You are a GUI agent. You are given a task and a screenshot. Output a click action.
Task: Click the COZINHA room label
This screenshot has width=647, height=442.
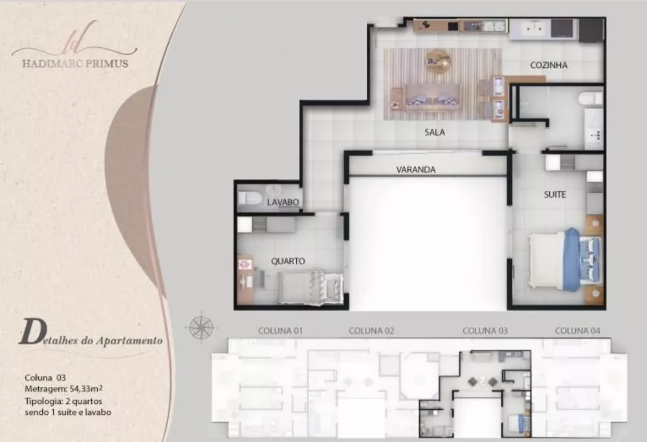(549, 65)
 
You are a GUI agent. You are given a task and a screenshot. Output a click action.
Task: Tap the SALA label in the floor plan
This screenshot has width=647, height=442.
(435, 132)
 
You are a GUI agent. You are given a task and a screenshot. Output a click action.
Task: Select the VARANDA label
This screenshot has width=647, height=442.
(416, 170)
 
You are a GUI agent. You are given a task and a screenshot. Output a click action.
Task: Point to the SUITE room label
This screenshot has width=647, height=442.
(554, 195)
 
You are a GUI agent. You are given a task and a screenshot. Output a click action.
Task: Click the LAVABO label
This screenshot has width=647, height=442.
(283, 202)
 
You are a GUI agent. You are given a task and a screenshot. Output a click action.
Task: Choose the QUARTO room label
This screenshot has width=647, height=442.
(288, 261)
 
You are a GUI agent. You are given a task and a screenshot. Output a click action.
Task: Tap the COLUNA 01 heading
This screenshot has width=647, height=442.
(280, 331)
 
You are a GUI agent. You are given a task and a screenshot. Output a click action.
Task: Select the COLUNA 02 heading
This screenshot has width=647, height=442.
(371, 331)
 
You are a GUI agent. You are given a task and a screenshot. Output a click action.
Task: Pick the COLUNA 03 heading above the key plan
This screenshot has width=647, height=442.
(485, 331)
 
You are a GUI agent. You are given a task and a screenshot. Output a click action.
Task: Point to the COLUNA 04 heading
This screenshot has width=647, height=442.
(577, 331)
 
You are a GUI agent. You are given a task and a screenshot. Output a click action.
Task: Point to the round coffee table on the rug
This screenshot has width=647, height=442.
(437, 60)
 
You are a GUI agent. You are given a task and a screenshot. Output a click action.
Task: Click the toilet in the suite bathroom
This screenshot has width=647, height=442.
(591, 98)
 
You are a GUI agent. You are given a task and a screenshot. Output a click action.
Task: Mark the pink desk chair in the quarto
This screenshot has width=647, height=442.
(245, 264)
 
